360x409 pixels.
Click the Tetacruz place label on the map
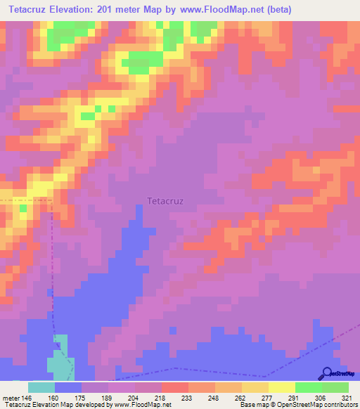[x=165, y=200]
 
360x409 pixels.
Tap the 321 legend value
[x=348, y=396]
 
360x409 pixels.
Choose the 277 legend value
[x=268, y=396]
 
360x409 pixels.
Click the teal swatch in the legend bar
[x=41, y=387]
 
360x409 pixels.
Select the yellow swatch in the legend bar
[x=281, y=387]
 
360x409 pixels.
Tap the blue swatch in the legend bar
[x=68, y=387]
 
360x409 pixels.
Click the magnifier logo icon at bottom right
[x=328, y=373]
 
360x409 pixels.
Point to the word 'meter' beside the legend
[x=11, y=396]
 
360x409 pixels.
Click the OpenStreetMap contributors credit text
[x=309, y=405]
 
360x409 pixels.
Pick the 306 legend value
[x=321, y=396]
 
